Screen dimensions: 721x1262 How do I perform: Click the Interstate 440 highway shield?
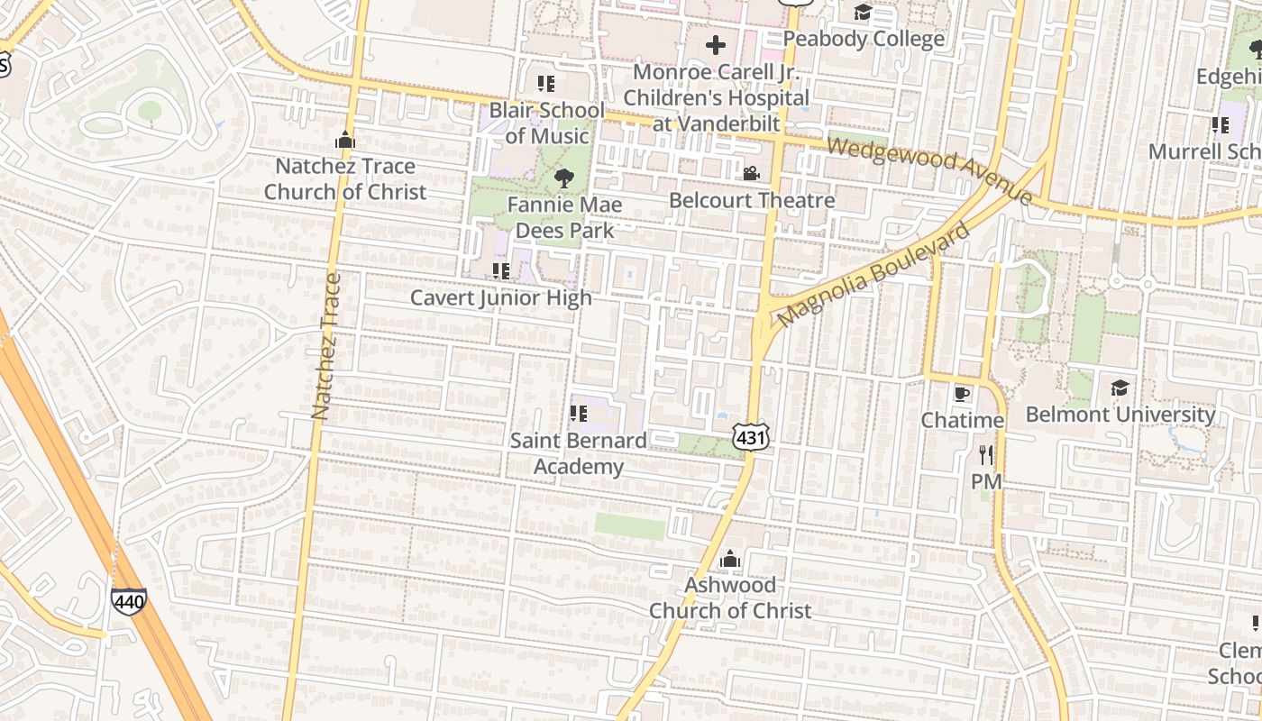pos(129,600)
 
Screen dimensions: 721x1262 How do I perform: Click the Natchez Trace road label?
pos(325,347)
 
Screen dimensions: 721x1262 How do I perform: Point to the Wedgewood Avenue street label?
pos(928,169)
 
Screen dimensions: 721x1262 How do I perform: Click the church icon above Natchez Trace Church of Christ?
pos(344,141)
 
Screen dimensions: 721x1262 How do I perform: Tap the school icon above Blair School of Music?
pos(545,84)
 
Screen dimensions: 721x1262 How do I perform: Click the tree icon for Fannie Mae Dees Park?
pos(564,178)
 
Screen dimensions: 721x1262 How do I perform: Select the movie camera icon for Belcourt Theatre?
pos(751,173)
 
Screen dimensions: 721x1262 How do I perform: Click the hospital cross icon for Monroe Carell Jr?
pos(716,45)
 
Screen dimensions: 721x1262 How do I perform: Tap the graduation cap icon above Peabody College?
pos(863,13)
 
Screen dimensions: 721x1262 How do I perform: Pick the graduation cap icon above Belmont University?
pos(1120,388)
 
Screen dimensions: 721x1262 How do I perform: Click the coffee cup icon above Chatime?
pos(962,394)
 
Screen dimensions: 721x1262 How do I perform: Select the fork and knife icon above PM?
pos(986,455)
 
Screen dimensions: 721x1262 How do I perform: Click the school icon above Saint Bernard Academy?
pos(578,414)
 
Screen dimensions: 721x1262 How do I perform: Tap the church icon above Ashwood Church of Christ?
pos(730,560)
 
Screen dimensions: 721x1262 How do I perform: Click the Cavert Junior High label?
pos(501,297)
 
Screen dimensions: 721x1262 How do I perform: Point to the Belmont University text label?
pos(1120,415)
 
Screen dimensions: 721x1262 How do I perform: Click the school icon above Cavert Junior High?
pos(501,270)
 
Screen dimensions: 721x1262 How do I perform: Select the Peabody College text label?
pos(863,39)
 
